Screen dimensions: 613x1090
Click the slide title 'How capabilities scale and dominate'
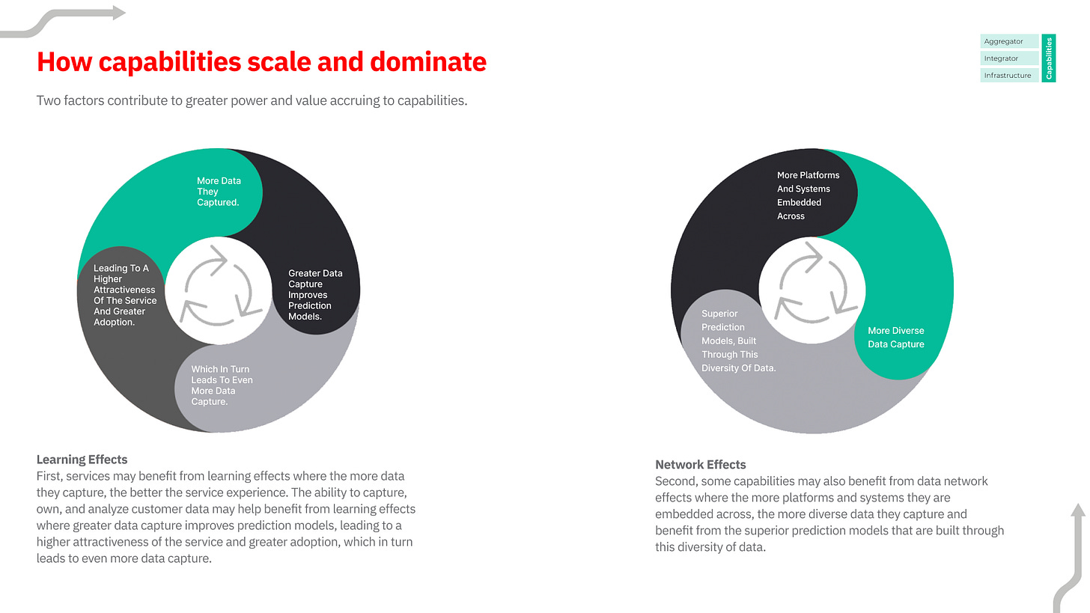tap(261, 61)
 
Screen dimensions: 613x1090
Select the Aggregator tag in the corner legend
tap(1008, 42)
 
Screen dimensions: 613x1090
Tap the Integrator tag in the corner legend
tap(1008, 58)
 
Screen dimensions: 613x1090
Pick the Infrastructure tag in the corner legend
tap(1008, 76)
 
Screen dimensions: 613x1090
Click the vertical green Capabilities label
tap(1049, 58)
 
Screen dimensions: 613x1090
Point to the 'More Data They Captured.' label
tap(218, 192)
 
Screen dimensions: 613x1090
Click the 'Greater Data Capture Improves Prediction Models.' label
tap(315, 295)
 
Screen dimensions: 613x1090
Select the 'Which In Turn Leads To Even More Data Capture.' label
tap(222, 385)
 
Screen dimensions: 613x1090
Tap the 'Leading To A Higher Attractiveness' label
tap(124, 295)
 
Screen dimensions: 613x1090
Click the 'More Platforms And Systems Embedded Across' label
tap(808, 195)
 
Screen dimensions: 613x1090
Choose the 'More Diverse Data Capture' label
tap(895, 338)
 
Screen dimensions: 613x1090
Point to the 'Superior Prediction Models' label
tap(738, 341)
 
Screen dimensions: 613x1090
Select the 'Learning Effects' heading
tap(82, 460)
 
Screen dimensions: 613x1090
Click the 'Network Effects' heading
tap(701, 464)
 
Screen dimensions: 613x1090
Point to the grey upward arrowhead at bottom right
tap(1077, 511)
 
